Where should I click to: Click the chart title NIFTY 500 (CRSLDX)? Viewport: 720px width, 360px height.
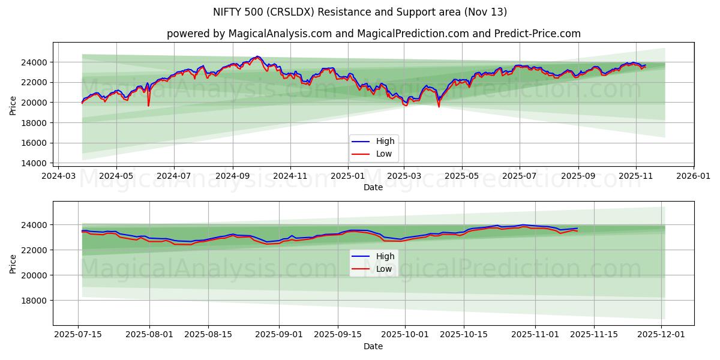click(x=360, y=12)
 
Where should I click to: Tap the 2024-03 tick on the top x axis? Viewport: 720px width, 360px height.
click(x=58, y=176)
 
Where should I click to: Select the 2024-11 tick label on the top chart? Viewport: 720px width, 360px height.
click(x=290, y=176)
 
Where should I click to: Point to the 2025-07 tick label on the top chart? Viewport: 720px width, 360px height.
click(x=519, y=176)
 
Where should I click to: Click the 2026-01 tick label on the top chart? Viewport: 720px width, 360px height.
click(x=694, y=176)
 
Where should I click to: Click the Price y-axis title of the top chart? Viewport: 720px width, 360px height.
click(x=13, y=106)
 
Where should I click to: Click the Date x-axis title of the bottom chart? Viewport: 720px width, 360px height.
click(x=373, y=346)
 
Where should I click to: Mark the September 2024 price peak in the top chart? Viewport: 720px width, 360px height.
click(x=257, y=57)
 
